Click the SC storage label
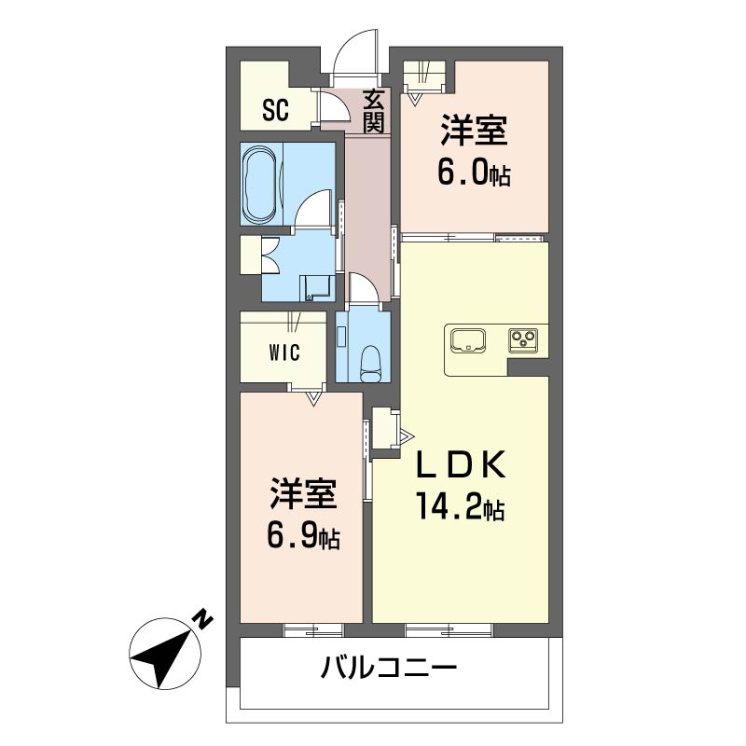[275, 110]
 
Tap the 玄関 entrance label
[374, 111]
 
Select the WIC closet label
[284, 352]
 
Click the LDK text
[461, 464]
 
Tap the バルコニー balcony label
[389, 667]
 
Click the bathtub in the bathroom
[260, 184]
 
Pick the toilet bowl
[369, 364]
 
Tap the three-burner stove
[523, 340]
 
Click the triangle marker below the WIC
[313, 398]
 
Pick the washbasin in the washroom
[314, 288]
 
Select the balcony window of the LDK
[449, 630]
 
